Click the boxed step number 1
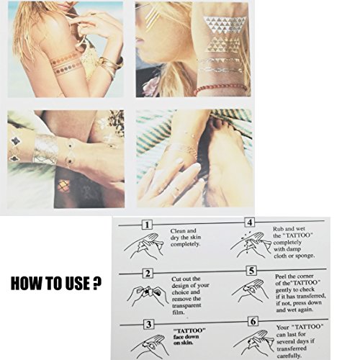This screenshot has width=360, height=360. click(147, 225)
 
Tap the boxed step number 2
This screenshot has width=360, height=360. click(148, 274)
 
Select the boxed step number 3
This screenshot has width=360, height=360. click(149, 325)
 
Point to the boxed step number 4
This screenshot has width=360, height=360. click(250, 222)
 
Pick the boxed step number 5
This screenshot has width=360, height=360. click(251, 271)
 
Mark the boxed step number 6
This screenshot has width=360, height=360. click(253, 321)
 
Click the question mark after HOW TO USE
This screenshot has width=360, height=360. click(96, 283)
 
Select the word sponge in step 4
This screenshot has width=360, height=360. click(305, 256)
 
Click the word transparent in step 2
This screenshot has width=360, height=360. click(186, 306)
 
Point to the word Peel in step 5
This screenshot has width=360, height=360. click(281, 276)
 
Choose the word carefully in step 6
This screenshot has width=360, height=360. click(289, 356)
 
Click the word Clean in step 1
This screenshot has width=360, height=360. click(177, 231)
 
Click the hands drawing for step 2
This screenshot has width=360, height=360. click(148, 297)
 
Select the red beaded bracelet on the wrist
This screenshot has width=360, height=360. click(220, 89)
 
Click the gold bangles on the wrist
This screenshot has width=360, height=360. click(111, 66)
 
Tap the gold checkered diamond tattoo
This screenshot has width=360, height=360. click(63, 186)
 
